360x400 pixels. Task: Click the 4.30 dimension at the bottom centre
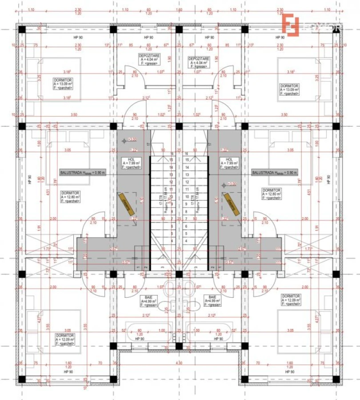pos(179,363)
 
